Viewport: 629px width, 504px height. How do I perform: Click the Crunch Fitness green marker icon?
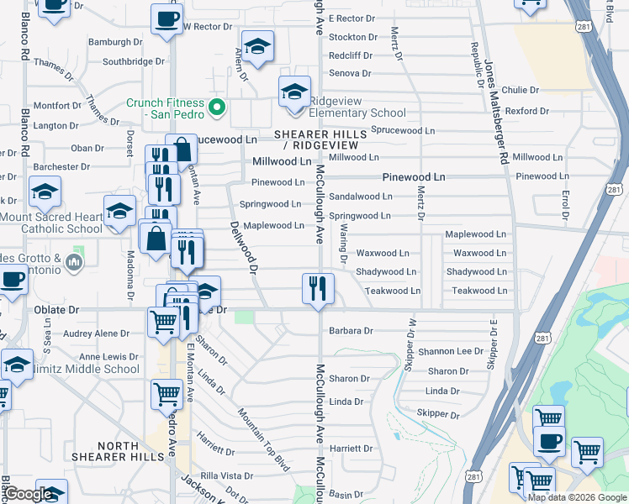point(217,107)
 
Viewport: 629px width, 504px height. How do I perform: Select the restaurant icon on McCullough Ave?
point(319,290)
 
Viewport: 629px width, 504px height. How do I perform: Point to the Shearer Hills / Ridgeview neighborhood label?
point(320,139)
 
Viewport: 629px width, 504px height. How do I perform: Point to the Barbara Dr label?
point(351,331)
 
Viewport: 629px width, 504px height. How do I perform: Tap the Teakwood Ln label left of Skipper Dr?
point(392,291)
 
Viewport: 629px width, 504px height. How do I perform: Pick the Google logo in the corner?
point(28,495)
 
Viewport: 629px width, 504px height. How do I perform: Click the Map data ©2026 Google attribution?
point(577,497)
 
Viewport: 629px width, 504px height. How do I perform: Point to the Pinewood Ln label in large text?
point(414,177)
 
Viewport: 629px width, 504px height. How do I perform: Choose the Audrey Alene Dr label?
point(97,333)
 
